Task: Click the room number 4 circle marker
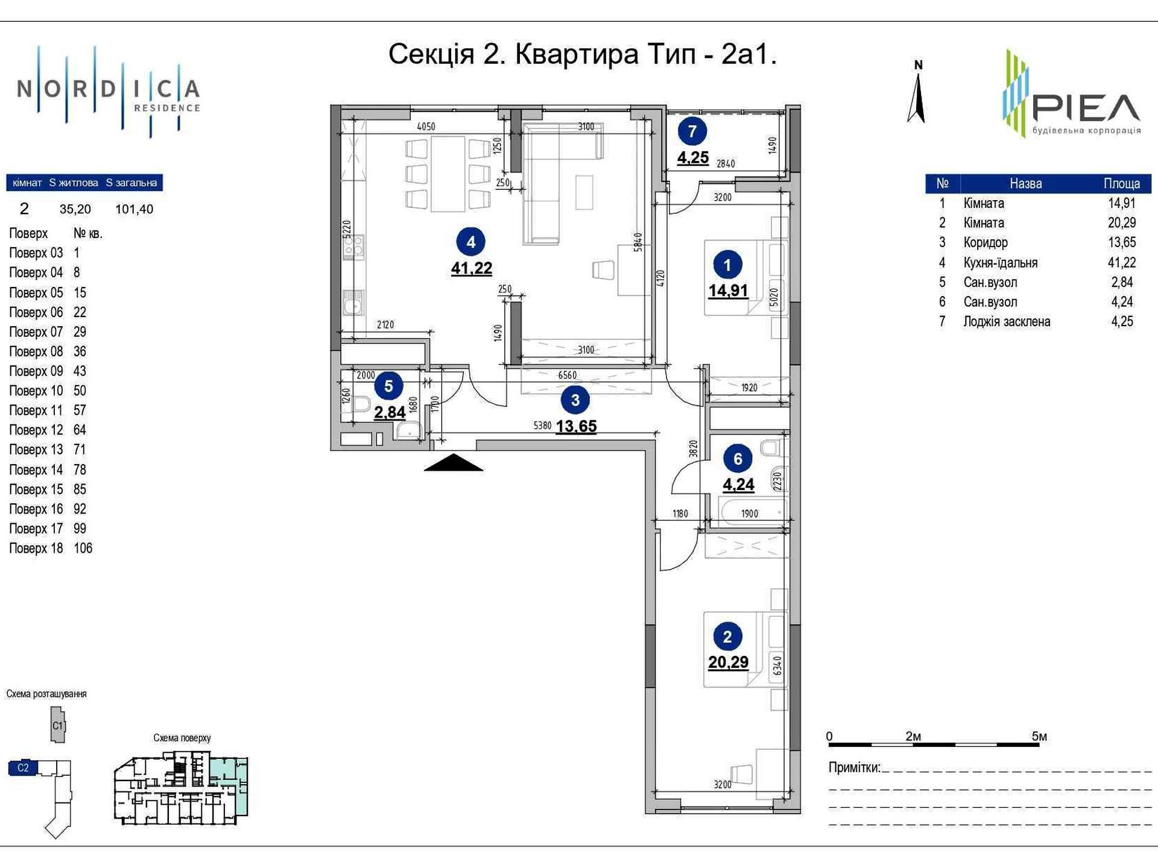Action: [471, 242]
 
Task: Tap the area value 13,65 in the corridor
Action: [576, 426]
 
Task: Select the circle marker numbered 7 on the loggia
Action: [692, 131]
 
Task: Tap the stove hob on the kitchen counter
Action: [354, 247]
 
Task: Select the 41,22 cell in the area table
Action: [1121, 262]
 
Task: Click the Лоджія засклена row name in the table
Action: [1007, 321]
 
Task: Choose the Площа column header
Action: [1122, 183]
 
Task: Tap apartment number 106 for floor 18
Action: [83, 548]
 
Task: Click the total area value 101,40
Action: [134, 209]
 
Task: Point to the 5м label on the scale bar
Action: [1039, 736]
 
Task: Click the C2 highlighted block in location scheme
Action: [23, 767]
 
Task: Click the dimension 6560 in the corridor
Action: [567, 375]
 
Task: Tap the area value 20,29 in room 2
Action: [728, 662]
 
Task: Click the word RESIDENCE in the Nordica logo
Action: [166, 108]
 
